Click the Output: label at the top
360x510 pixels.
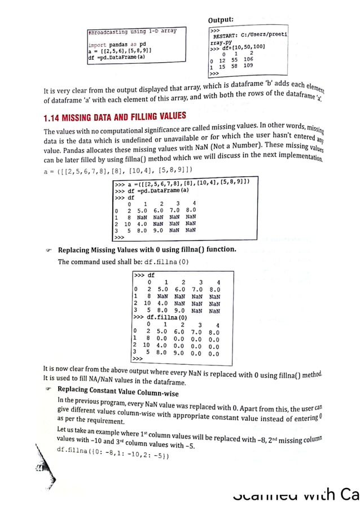tap(225, 21)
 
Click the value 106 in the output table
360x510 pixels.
tap(248, 59)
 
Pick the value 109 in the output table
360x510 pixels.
tap(248, 66)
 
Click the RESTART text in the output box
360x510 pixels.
tap(225, 35)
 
